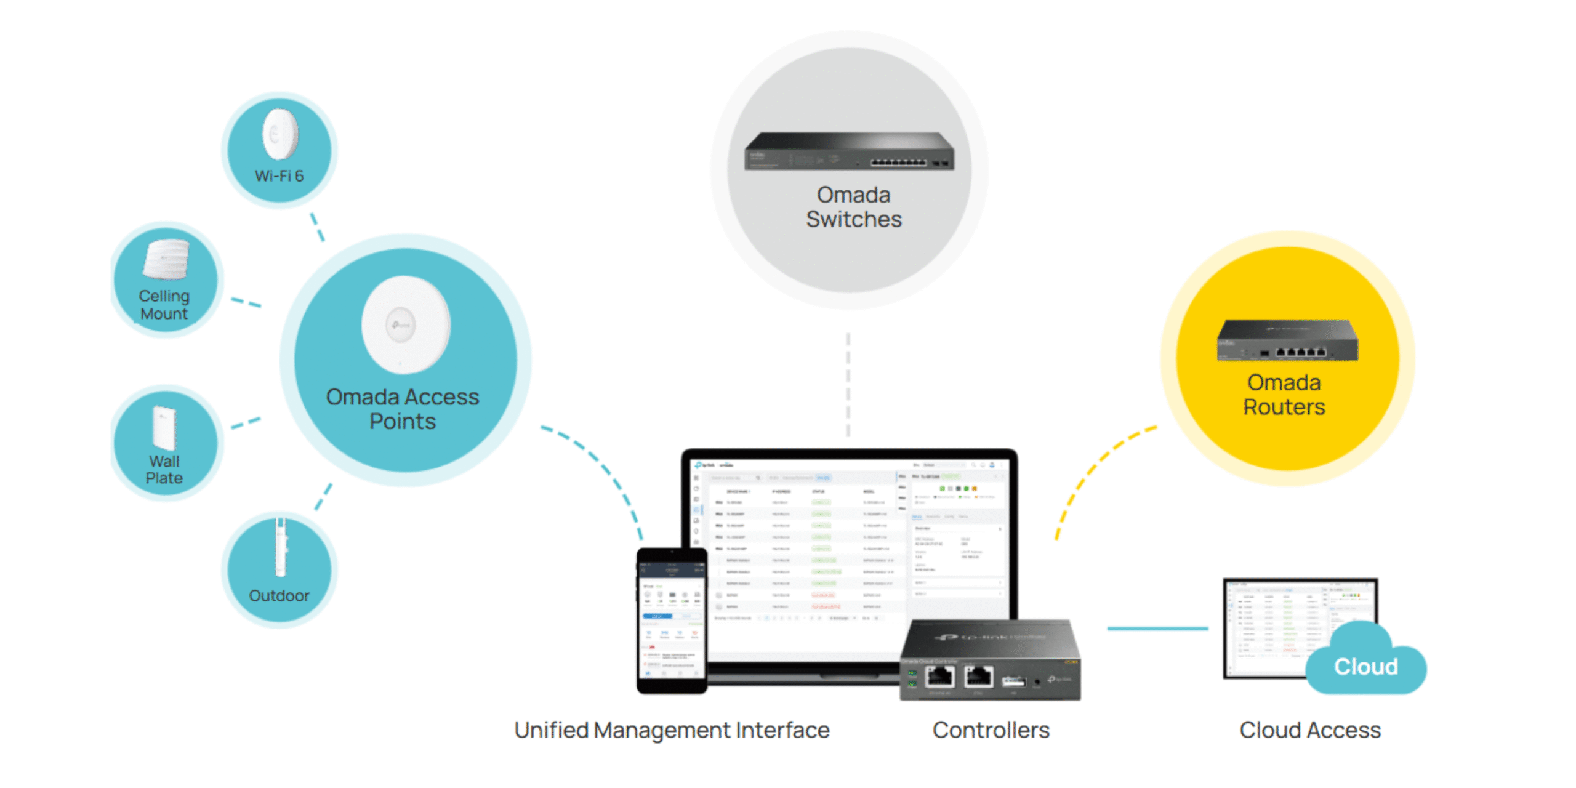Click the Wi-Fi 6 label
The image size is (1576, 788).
279,176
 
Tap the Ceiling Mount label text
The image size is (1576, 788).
164,305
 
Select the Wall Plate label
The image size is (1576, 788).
164,470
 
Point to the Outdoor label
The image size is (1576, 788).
279,596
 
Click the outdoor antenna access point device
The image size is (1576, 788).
281,548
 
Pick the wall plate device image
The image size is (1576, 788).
164,427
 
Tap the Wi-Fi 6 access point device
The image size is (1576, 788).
280,134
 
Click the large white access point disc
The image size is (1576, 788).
405,324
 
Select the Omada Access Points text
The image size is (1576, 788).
402,409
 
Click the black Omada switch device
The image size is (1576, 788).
849,151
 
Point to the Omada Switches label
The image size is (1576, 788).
853,207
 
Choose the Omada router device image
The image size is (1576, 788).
1287,340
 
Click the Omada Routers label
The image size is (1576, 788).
1284,395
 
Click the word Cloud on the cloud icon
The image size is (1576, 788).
1365,667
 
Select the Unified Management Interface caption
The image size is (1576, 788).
672,730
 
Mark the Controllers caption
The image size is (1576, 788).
991,730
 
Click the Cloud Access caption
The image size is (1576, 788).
1310,730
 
